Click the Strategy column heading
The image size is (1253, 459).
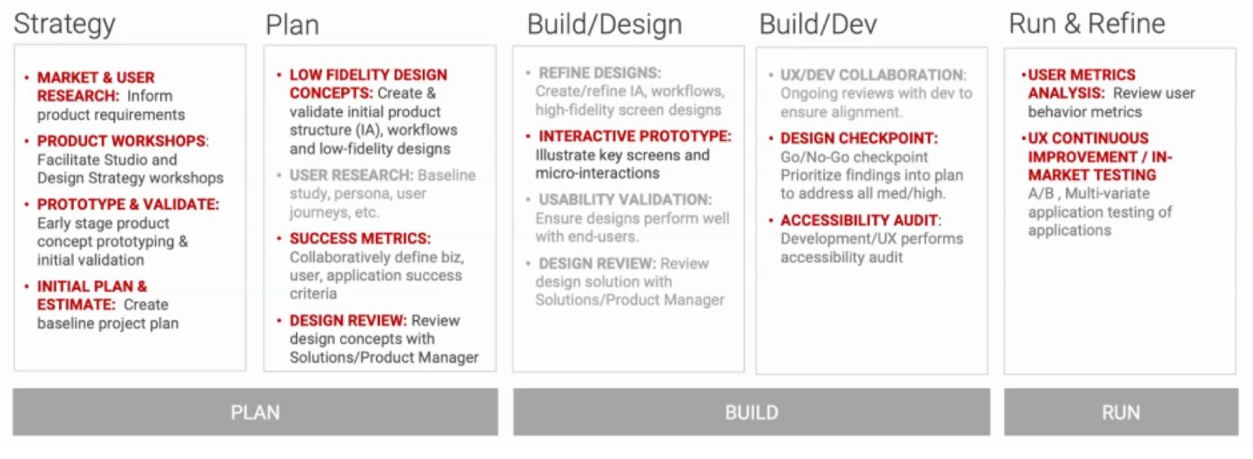click(x=64, y=24)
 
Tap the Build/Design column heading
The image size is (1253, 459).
click(x=604, y=24)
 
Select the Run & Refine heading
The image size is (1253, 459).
click(x=1087, y=24)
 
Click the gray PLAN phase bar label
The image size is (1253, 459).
click(x=255, y=413)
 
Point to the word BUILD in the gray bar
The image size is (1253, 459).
click(x=751, y=413)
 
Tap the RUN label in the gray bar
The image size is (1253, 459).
click(x=1121, y=413)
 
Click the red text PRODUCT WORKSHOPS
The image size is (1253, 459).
click(x=122, y=140)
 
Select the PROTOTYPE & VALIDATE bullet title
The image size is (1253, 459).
click(x=128, y=205)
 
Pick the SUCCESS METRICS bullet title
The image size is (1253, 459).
click(x=360, y=239)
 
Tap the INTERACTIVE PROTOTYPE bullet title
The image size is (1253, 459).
click(x=635, y=136)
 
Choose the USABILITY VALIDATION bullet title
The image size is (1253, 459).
click(x=625, y=199)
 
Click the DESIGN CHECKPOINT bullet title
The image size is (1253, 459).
click(x=859, y=138)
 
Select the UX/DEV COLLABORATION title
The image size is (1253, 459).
click(x=874, y=75)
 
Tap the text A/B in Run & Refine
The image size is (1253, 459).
click(x=1042, y=193)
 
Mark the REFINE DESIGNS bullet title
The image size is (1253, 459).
click(x=600, y=73)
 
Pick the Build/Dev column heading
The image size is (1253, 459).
click(x=818, y=24)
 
